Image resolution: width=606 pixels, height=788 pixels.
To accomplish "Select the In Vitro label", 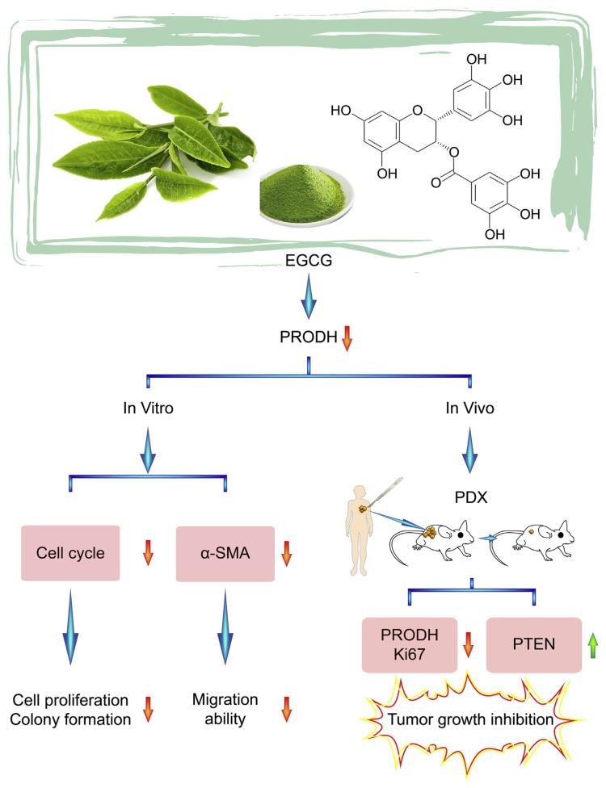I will (147, 409).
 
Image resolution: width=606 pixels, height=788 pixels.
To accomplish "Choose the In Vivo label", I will (469, 409).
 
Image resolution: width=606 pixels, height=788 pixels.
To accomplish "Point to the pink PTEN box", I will (533, 645).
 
